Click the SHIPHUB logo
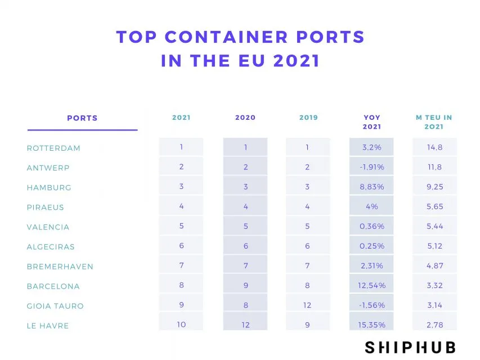(x=410, y=346)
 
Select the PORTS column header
(x=82, y=118)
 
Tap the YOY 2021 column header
(x=371, y=122)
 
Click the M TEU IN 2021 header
(x=434, y=122)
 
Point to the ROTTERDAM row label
(x=53, y=148)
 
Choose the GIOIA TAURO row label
(x=55, y=306)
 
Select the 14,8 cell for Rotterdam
(x=434, y=147)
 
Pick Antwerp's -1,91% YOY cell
(x=371, y=167)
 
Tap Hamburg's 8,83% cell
(x=371, y=187)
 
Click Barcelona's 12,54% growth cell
(x=371, y=285)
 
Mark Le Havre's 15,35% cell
(x=371, y=325)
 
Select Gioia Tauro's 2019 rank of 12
(x=308, y=305)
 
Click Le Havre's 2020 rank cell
(x=245, y=325)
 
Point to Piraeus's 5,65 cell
(x=434, y=206)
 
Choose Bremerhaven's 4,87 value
(x=434, y=265)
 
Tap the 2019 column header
(x=308, y=118)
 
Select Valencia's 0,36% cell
(x=371, y=226)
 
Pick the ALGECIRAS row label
(x=51, y=247)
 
